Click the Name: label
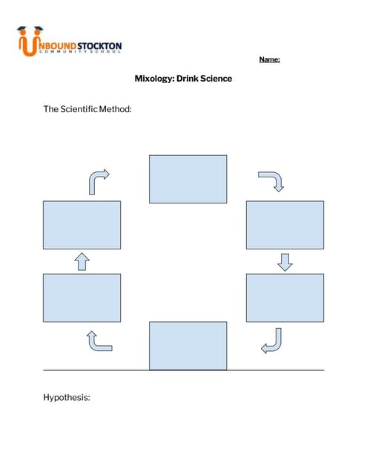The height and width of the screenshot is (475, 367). pyautogui.click(x=269, y=60)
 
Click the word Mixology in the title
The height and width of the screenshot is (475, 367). pyautogui.click(x=153, y=78)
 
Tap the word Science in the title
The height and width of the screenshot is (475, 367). pyautogui.click(x=214, y=78)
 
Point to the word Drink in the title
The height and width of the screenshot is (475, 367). pyautogui.click(x=185, y=78)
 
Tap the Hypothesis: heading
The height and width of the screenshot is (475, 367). pyautogui.click(x=67, y=398)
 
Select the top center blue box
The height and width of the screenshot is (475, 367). pyautogui.click(x=188, y=179)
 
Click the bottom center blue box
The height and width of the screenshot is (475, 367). pyautogui.click(x=188, y=345)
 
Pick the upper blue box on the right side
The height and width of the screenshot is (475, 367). pyautogui.click(x=285, y=225)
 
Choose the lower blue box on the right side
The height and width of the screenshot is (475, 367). pyautogui.click(x=285, y=298)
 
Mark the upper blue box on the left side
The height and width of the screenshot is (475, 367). pyautogui.click(x=82, y=225)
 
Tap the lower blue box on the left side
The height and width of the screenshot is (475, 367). pyautogui.click(x=82, y=298)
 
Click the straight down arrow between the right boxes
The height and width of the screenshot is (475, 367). pyautogui.click(x=285, y=262)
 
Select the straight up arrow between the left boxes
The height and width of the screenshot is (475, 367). pyautogui.click(x=82, y=261)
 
